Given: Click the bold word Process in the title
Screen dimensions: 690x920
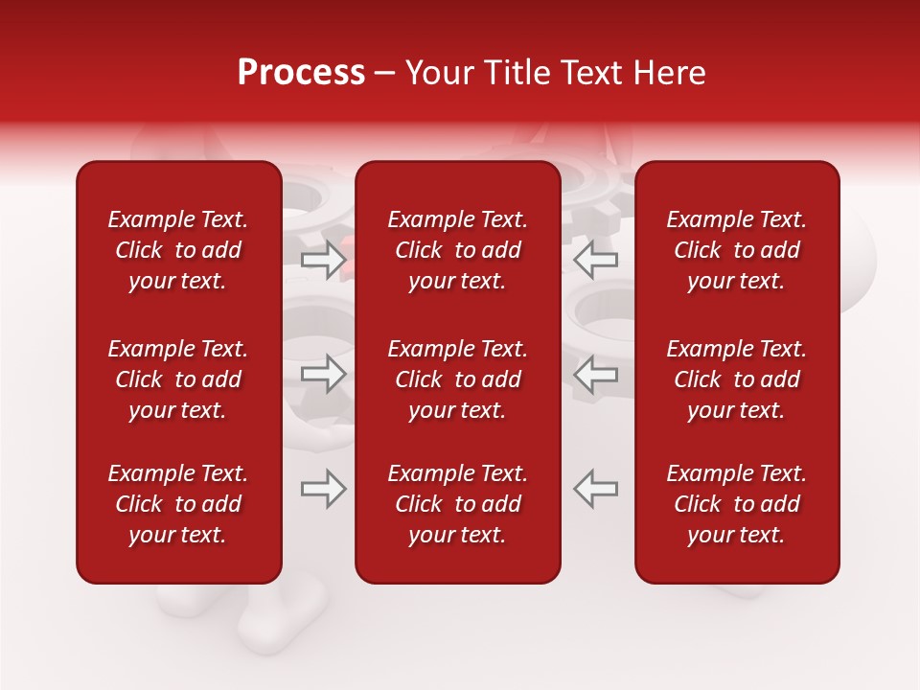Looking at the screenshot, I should click(x=301, y=73).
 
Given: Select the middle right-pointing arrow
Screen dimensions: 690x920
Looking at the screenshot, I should click(x=324, y=374).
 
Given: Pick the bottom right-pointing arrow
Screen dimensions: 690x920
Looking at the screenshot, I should click(x=324, y=489).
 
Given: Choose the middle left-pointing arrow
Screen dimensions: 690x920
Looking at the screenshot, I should click(x=595, y=374).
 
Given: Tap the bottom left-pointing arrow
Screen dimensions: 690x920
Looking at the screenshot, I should click(x=595, y=489).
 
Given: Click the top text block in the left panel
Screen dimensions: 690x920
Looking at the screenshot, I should click(x=178, y=250).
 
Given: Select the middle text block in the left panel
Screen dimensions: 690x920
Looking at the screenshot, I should click(x=178, y=379).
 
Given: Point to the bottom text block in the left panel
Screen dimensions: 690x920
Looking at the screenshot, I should click(x=178, y=504).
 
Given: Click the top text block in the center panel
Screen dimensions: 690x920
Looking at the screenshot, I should click(x=458, y=250).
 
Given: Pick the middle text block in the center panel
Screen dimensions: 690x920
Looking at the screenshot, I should click(x=458, y=379).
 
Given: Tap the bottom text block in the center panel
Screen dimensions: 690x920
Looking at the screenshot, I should click(x=458, y=504).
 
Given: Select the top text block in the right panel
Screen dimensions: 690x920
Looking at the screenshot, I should click(x=737, y=250).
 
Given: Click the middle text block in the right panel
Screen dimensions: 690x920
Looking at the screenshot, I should click(x=737, y=379).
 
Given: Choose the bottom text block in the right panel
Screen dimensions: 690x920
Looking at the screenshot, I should click(x=737, y=504).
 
